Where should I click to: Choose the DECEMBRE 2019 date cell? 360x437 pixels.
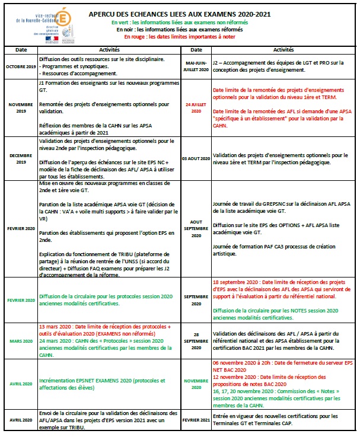(x=21, y=158)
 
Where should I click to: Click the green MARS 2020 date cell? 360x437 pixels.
(x=21, y=342)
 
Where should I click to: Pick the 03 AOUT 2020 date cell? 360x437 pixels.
(x=196, y=158)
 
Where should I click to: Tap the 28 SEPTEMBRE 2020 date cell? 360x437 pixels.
(x=196, y=341)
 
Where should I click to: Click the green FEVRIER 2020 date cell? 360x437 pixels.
(x=21, y=301)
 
